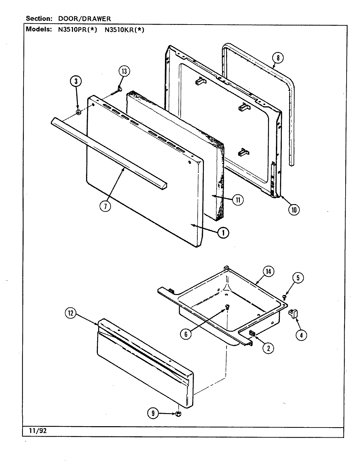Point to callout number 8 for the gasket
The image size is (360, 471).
277,59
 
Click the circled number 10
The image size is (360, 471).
294,210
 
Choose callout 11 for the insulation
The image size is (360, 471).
238,200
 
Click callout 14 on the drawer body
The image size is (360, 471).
269,271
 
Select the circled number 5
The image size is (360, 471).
298,278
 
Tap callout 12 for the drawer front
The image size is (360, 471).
70,314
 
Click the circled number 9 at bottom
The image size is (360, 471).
153,414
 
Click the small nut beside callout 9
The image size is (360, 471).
178,414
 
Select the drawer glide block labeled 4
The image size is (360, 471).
292,314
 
